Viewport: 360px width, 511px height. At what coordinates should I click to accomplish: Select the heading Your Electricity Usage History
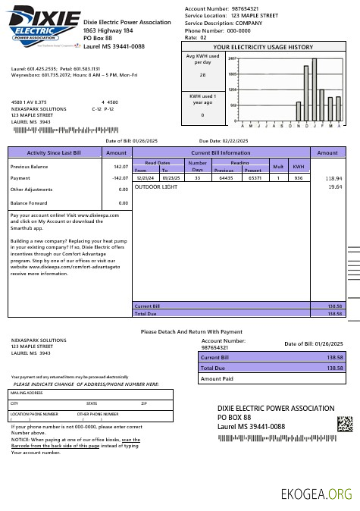pos(262,47)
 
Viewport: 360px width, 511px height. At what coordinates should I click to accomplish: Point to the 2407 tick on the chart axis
pos(232,58)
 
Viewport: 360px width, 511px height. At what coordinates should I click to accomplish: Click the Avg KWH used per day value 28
pos(202,75)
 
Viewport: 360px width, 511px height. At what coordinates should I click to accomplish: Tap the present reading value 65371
pos(254,178)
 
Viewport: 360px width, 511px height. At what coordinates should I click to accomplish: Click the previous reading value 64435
pos(226,178)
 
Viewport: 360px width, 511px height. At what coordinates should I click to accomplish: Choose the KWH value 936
pos(299,178)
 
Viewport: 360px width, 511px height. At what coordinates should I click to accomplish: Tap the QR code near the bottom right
pos(345,423)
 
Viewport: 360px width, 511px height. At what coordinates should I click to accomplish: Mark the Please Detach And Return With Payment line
pos(192,331)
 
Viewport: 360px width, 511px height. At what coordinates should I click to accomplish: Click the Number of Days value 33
pos(197,178)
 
